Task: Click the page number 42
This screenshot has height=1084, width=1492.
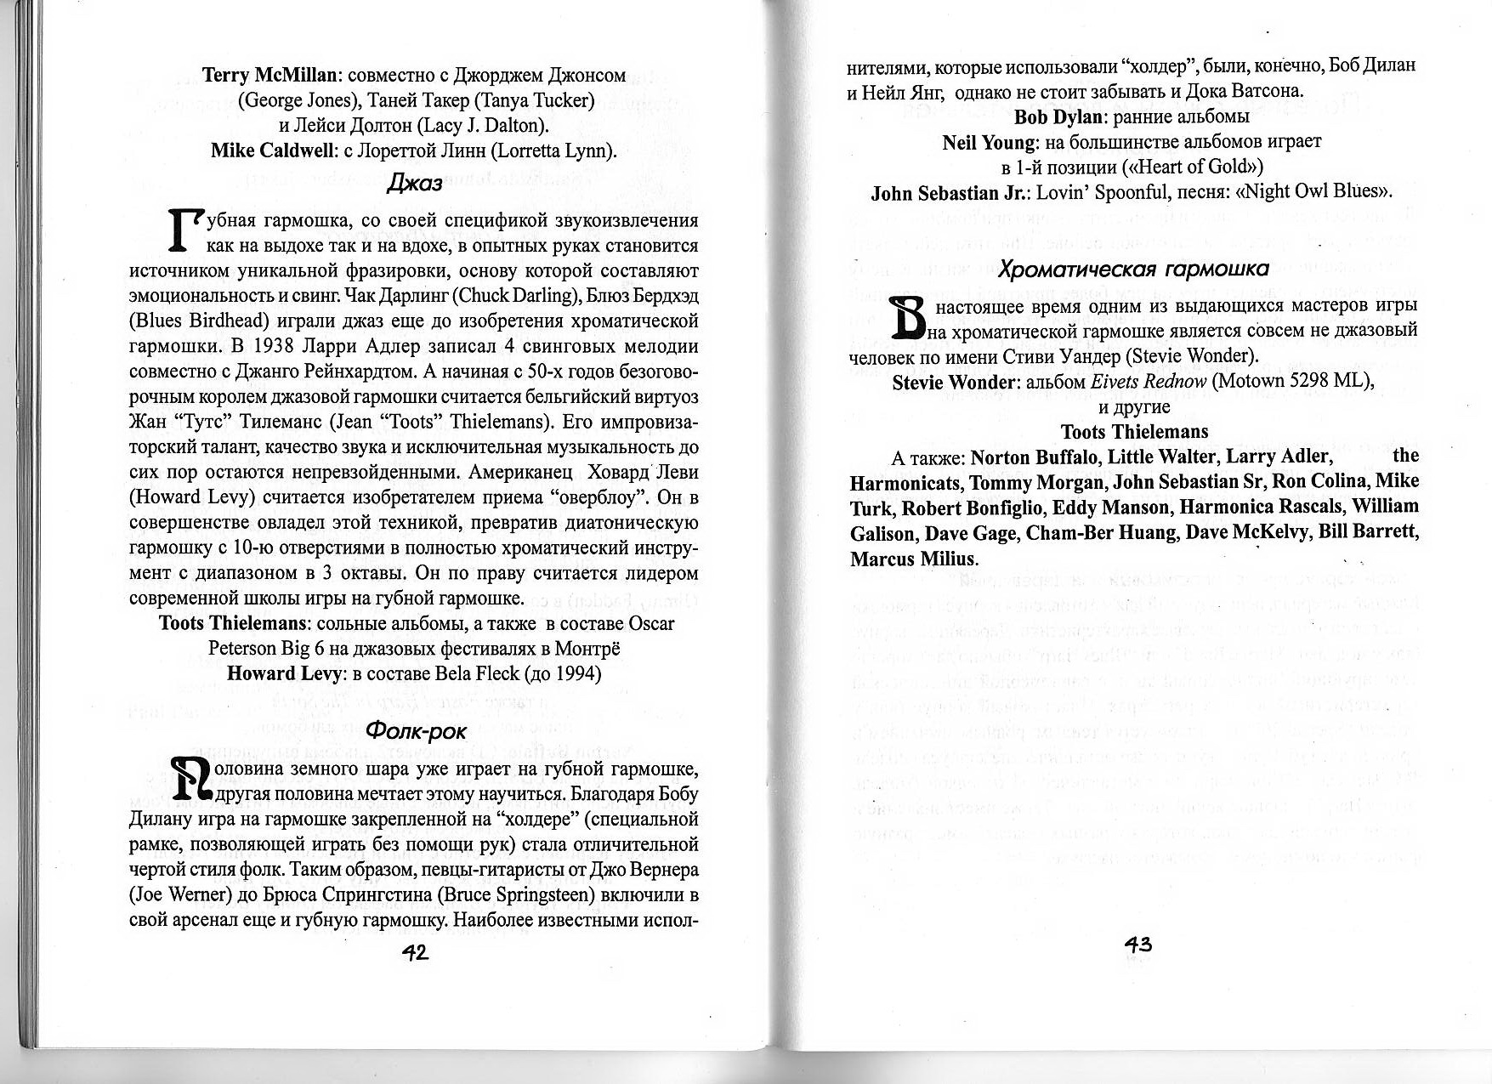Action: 415,953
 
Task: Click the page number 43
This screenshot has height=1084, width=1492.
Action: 1137,944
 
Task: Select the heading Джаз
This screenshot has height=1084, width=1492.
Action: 414,183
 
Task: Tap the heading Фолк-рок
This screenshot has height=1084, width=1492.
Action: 416,731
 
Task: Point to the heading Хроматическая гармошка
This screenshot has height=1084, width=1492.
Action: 1132,270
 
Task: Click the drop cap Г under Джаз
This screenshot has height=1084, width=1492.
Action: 186,231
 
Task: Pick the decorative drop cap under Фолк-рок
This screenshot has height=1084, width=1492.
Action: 192,779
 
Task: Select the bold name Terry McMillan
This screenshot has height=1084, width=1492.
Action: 271,75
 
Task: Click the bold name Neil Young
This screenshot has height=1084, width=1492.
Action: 989,142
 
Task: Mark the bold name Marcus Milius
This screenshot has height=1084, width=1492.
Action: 913,559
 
